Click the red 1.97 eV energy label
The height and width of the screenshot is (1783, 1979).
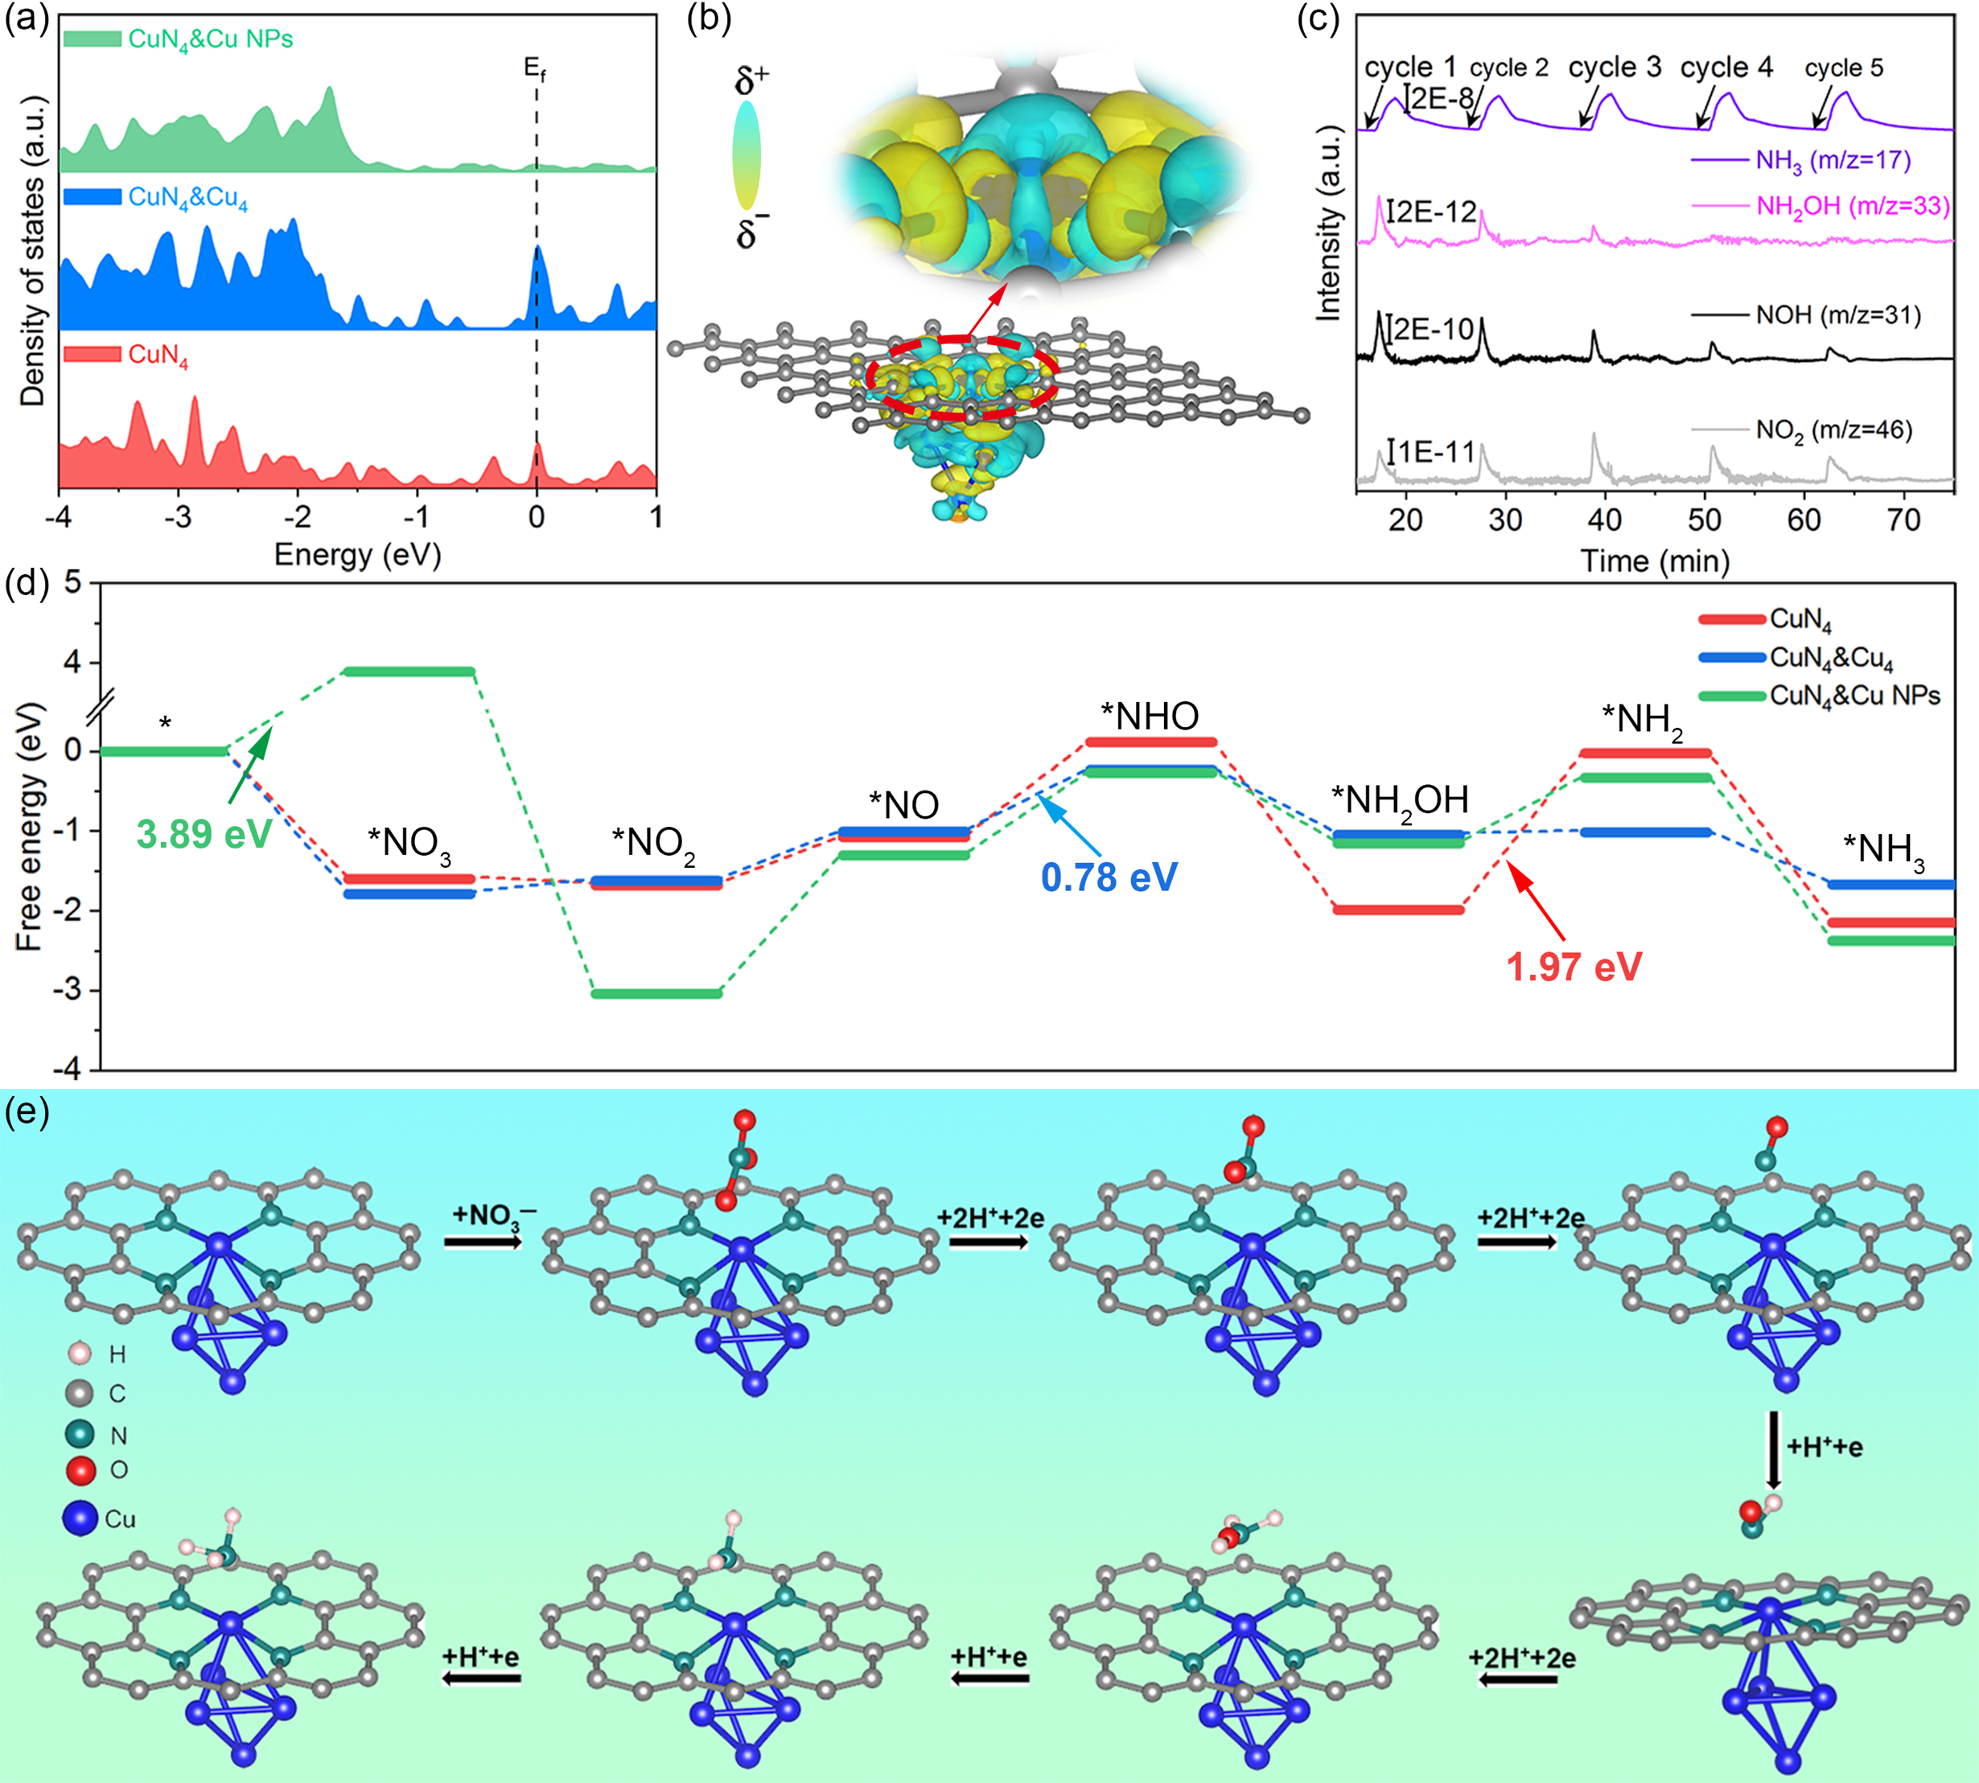tap(1574, 967)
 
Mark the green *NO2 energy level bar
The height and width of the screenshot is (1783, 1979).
tap(657, 993)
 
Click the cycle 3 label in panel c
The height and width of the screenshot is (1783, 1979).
tap(1614, 68)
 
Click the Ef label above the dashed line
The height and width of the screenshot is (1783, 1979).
tap(535, 68)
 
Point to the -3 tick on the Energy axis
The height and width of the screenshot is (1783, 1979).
tap(179, 517)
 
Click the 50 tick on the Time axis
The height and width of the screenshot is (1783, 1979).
tap(1705, 520)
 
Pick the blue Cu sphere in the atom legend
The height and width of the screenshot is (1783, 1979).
tap(80, 1518)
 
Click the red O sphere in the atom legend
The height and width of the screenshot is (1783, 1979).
tap(80, 1470)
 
